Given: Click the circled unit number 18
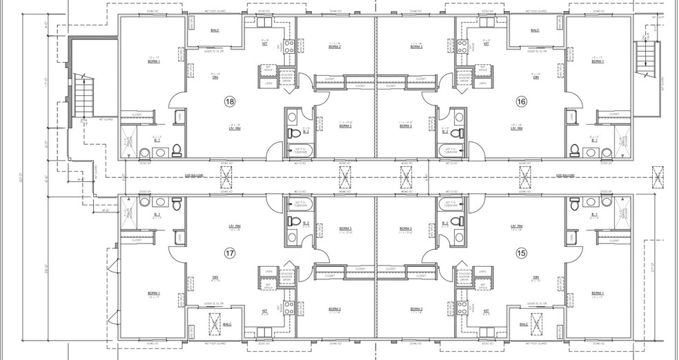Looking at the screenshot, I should click(x=230, y=101).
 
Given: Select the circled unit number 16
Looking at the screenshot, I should click(x=522, y=101).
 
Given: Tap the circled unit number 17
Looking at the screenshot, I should click(x=230, y=253).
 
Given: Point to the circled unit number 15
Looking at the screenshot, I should click(x=522, y=253).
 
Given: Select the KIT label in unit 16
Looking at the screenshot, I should click(x=486, y=43).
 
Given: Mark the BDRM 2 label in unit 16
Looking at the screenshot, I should click(x=416, y=47).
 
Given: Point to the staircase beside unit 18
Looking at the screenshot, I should click(x=83, y=97).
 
